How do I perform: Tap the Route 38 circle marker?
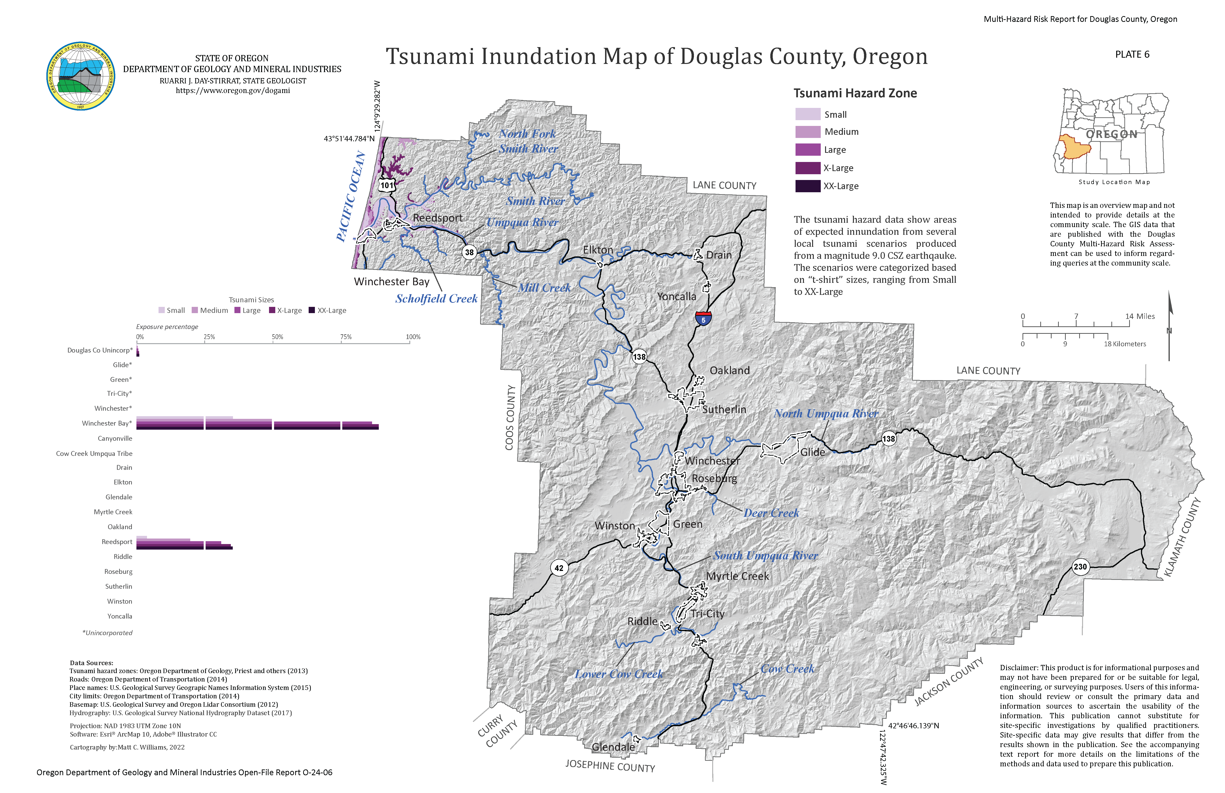pyautogui.click(x=469, y=252)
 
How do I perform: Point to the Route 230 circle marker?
pyautogui.click(x=1080, y=567)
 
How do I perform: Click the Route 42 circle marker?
pyautogui.click(x=558, y=568)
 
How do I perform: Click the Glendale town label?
pyautogui.click(x=613, y=747)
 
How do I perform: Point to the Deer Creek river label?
pyautogui.click(x=771, y=513)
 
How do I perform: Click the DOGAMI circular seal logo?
pyautogui.click(x=81, y=76)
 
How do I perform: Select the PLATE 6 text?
pyautogui.click(x=1132, y=55)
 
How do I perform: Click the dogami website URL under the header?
pyautogui.click(x=233, y=91)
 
